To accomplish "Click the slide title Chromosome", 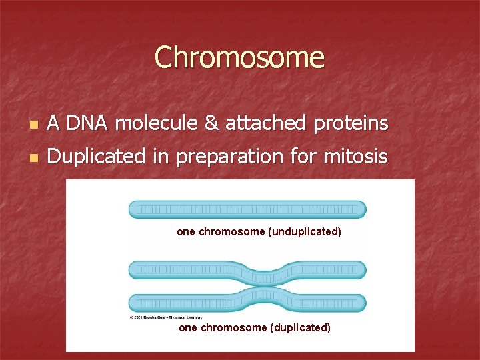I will [239, 57].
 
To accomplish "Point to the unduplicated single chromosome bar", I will [247, 209].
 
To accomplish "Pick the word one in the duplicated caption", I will [188, 328].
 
